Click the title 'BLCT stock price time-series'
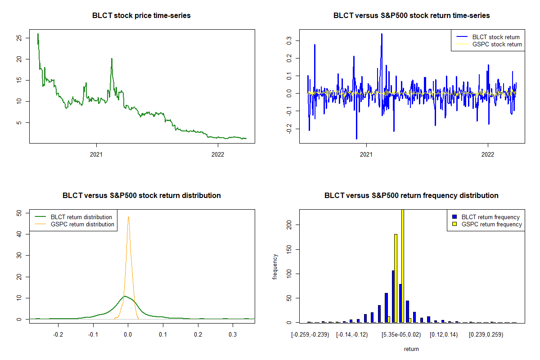pos(141,16)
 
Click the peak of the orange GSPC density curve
pos(128,217)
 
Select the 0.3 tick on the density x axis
pos(233,334)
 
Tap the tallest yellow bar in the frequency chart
pos(402,265)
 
